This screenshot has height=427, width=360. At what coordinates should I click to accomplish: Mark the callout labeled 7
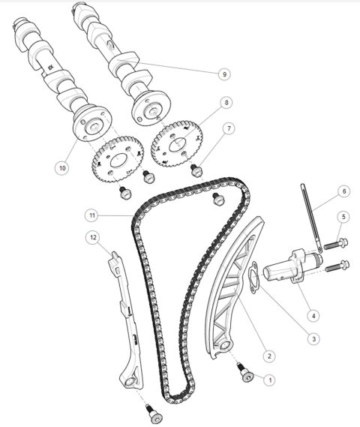[x=230, y=129]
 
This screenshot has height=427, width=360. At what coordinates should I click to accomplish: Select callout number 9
[x=223, y=74]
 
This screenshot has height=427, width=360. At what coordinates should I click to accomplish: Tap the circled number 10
[x=61, y=167]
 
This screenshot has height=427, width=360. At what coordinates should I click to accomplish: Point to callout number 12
[x=93, y=238]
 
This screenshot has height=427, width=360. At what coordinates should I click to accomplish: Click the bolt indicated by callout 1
[x=244, y=371]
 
